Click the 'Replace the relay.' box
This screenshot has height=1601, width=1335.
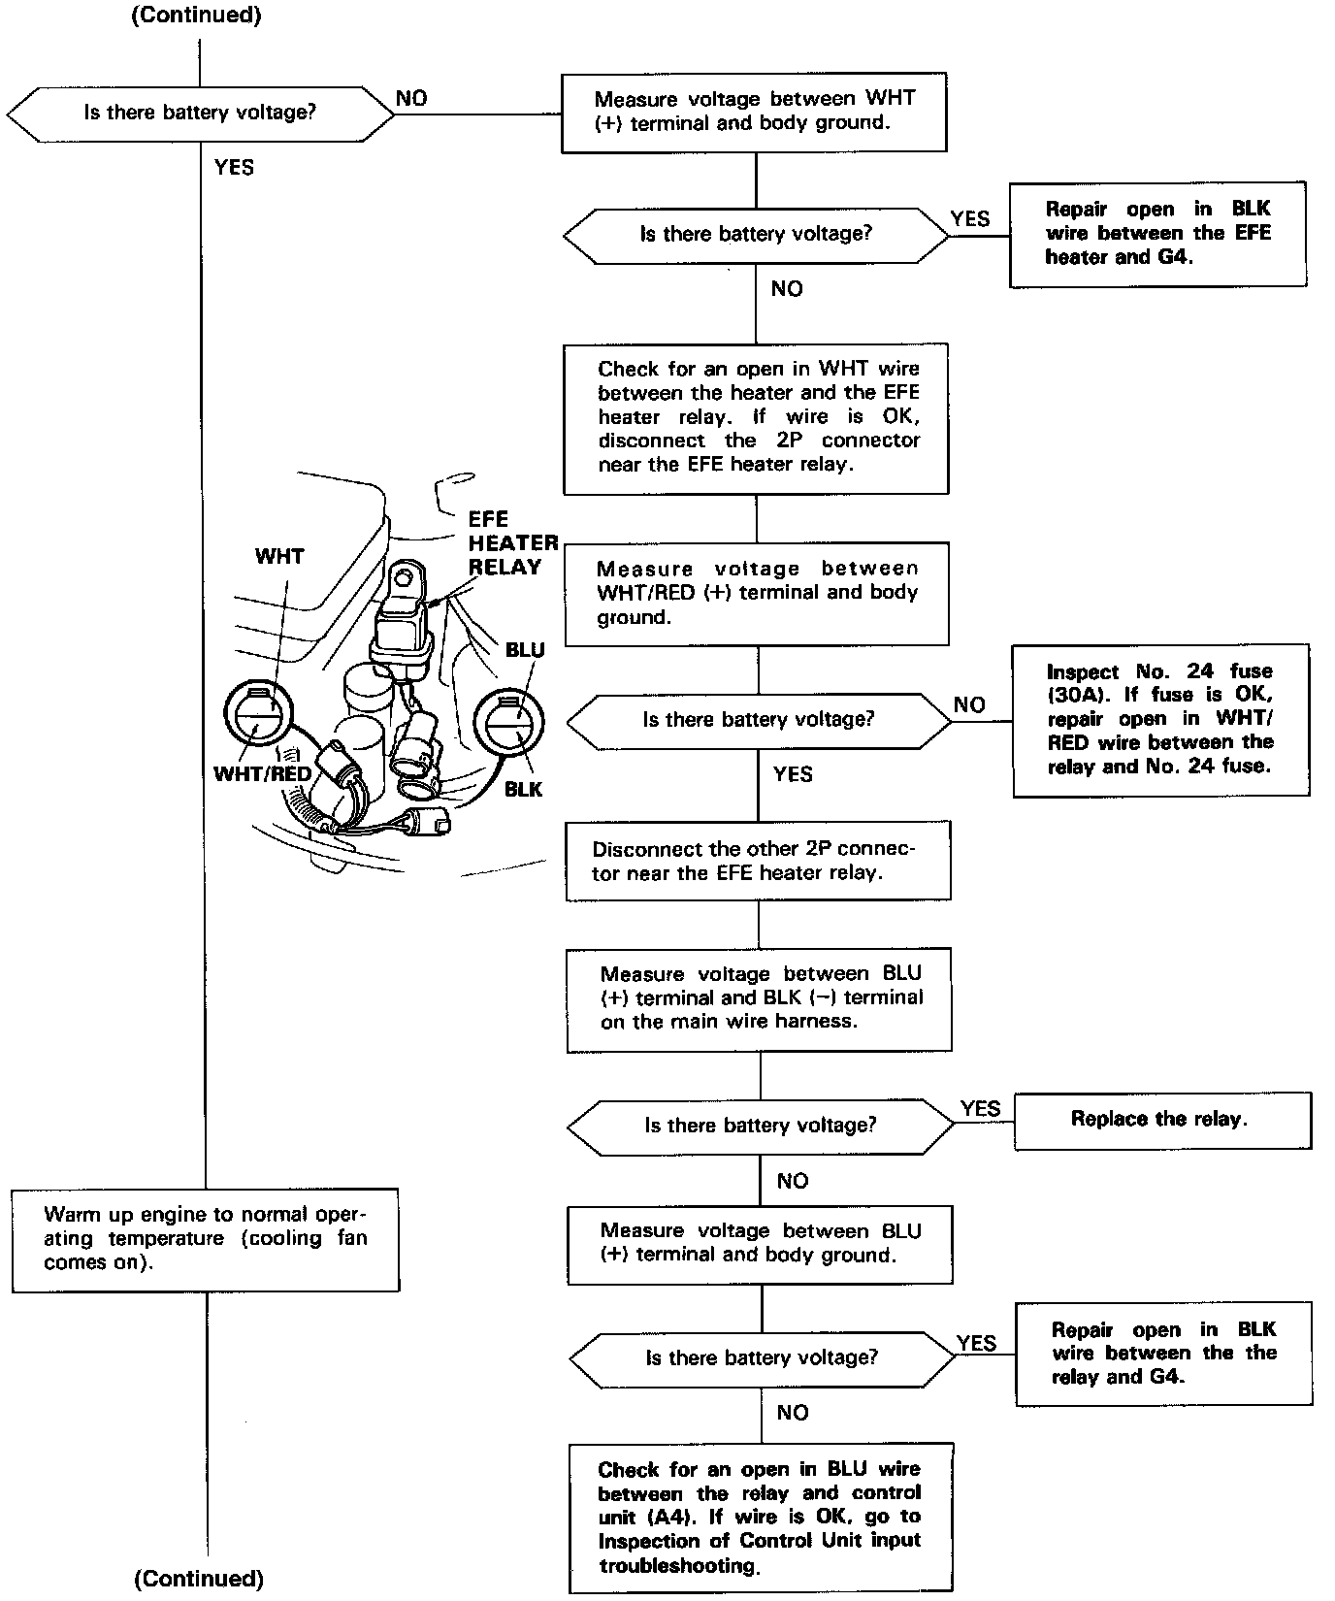[1161, 1120]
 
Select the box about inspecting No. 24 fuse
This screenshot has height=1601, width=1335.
[1159, 719]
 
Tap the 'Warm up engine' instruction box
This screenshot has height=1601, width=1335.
[206, 1239]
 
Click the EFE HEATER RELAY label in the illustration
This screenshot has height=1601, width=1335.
[512, 543]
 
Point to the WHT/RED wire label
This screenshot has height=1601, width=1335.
[262, 774]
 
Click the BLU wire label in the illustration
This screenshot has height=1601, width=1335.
[525, 650]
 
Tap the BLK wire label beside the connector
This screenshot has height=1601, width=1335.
[524, 789]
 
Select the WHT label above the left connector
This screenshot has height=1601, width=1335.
[279, 556]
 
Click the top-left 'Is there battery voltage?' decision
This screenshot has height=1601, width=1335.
[200, 113]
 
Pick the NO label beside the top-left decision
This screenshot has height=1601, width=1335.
[411, 98]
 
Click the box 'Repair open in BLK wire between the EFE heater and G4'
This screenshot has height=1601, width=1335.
[1157, 234]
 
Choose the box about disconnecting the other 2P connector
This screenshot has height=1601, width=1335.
[758, 861]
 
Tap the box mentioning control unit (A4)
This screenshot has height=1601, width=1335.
[761, 1517]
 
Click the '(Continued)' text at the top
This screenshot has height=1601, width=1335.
[196, 16]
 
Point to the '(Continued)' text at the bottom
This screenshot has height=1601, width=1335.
[198, 1579]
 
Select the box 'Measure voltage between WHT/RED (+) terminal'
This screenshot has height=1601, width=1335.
[757, 593]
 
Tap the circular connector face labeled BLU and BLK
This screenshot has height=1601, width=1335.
[508, 721]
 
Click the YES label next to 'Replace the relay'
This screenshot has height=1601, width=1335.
[980, 1108]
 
